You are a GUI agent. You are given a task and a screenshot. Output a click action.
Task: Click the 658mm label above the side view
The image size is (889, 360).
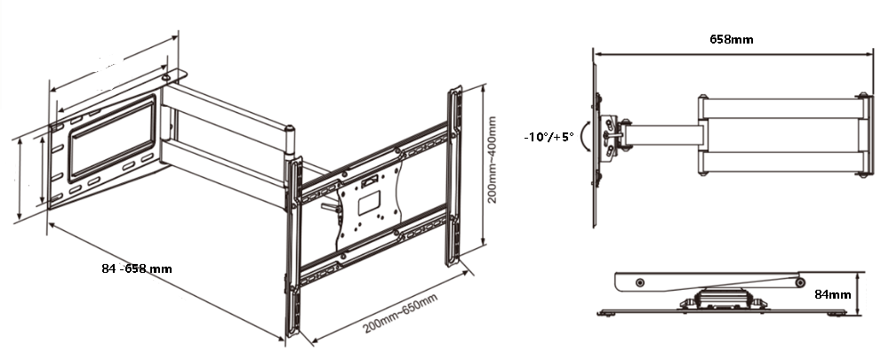[732, 39]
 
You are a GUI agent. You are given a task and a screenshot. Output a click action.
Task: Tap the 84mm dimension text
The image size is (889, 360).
[833, 295]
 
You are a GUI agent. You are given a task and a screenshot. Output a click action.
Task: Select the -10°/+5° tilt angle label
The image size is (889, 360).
[549, 137]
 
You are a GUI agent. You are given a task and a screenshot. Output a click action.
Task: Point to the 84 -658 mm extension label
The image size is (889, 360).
[137, 268]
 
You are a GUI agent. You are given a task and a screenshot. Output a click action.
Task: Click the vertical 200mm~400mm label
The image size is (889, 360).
[492, 160]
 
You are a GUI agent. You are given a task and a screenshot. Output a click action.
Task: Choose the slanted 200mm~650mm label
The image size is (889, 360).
[400, 314]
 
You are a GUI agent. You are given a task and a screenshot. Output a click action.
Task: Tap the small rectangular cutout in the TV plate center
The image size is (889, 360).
[369, 203]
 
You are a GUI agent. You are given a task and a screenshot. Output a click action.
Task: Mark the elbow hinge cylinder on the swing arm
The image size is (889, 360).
[290, 141]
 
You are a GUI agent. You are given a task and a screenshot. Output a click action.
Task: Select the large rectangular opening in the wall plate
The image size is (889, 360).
[112, 139]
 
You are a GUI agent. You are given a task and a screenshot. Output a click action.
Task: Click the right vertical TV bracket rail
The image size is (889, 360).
[453, 176]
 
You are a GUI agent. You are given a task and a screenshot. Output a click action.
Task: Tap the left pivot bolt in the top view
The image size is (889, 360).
[640, 283]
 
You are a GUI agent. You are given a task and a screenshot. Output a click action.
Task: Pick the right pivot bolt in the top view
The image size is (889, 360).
[799, 282]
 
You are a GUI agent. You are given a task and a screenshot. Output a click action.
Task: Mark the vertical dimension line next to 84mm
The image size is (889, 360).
[860, 293]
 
